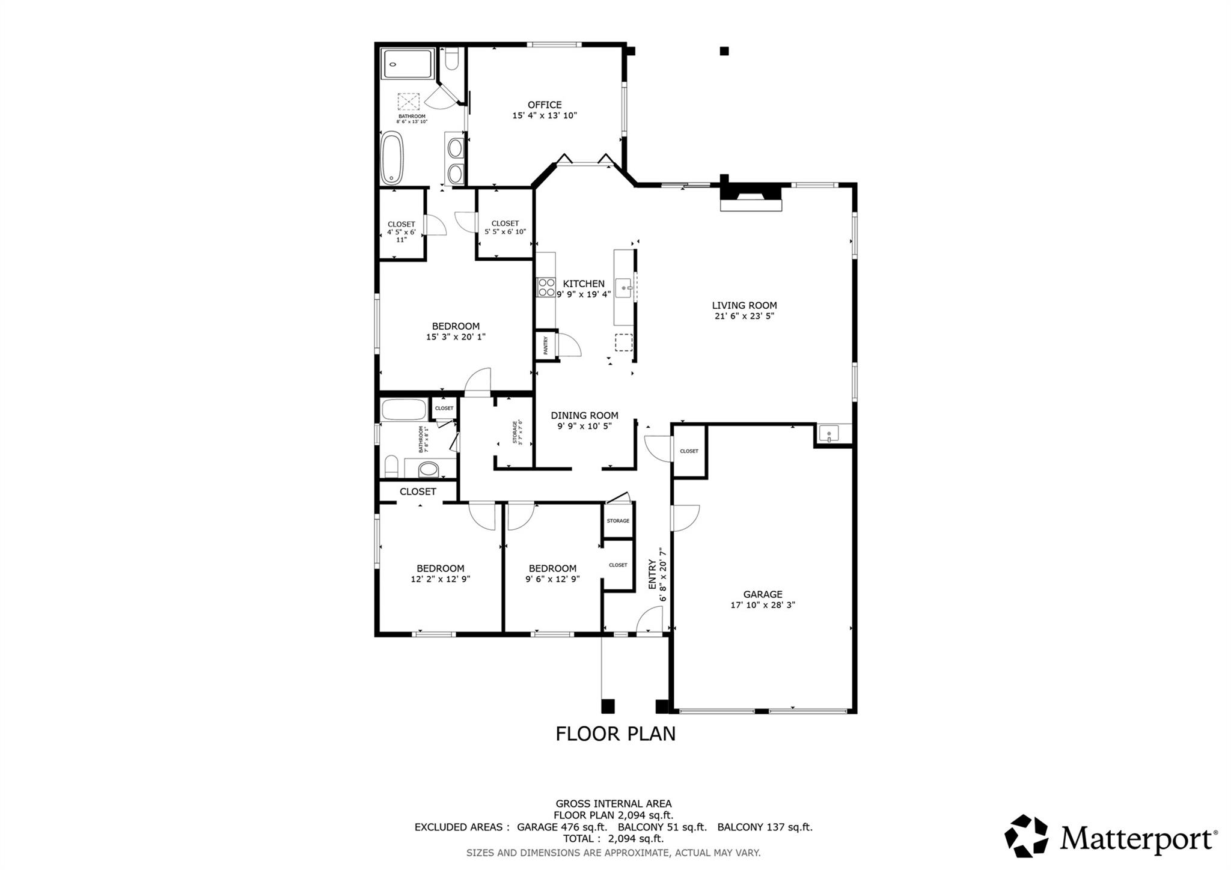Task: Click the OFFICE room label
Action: point(545,105)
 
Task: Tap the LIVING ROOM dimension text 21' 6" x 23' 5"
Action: point(744,316)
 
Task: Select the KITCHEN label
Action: point(583,284)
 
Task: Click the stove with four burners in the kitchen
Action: point(546,287)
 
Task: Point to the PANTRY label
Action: point(546,345)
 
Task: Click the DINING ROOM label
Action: point(584,415)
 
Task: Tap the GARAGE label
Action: point(763,594)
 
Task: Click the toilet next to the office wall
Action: point(452,59)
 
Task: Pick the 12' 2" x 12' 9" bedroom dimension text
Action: point(440,579)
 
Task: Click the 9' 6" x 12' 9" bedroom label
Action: point(552,568)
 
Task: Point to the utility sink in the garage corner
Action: point(829,433)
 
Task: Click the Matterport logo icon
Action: point(1027,836)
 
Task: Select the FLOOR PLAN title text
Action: point(615,734)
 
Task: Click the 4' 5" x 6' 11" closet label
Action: point(401,232)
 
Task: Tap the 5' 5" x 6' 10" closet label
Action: point(505,227)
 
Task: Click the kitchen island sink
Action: point(623,288)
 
